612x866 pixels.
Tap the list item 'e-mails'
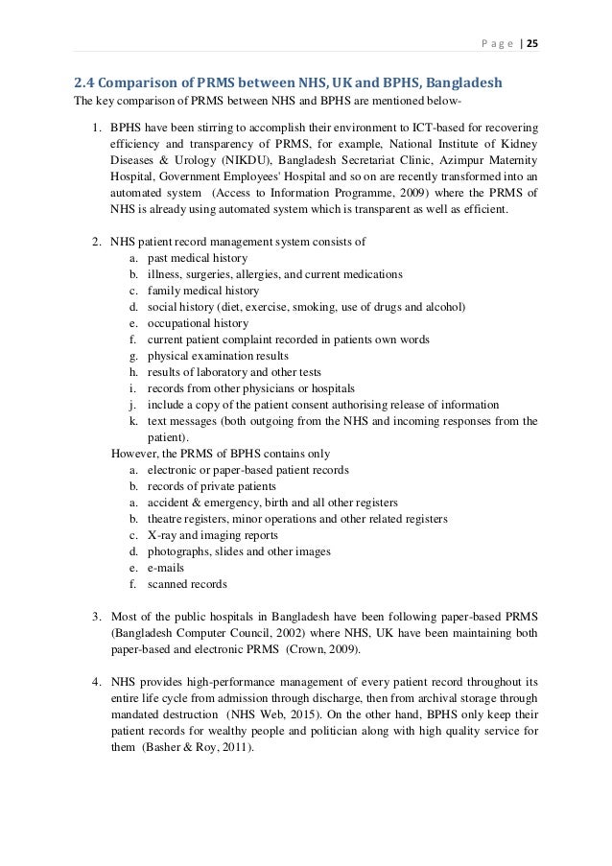coord(167,568)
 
